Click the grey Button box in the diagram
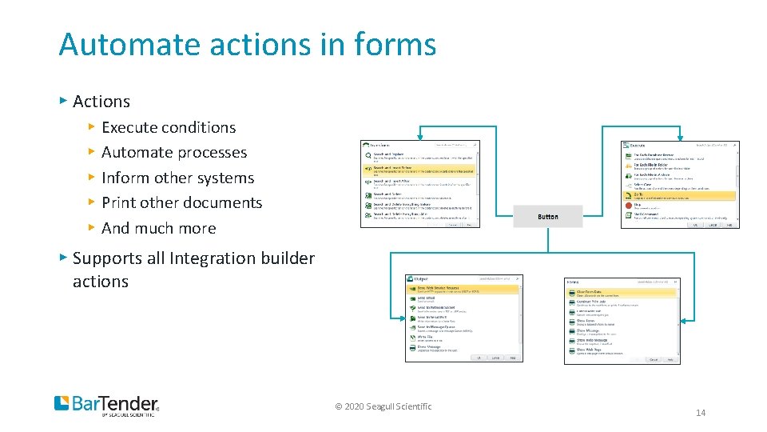tap(548, 217)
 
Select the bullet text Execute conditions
tap(169, 127)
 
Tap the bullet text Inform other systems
tap(177, 178)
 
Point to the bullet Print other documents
tap(181, 202)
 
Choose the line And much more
tap(158, 228)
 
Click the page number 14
tap(701, 413)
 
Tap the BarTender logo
tap(106, 405)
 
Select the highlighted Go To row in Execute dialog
tap(679, 194)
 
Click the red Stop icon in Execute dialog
tap(628, 205)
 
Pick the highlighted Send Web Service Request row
tap(463, 290)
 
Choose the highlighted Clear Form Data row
tap(622, 294)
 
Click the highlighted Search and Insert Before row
tap(419, 170)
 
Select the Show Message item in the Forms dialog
tap(590, 330)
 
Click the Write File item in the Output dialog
tap(425, 337)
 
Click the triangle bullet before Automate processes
tap(92, 152)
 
